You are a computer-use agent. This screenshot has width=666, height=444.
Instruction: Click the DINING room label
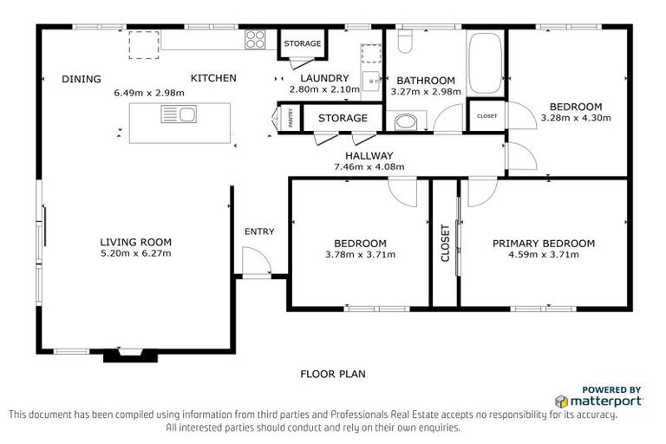(x=82, y=79)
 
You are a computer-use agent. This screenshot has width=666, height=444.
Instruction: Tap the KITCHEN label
(x=213, y=78)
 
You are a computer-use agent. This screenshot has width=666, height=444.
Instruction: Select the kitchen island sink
(x=178, y=114)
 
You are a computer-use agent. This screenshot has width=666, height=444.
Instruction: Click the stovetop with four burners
(x=256, y=39)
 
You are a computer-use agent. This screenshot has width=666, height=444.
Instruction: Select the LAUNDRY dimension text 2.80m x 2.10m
(x=323, y=89)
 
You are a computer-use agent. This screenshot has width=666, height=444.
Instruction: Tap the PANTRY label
(x=291, y=119)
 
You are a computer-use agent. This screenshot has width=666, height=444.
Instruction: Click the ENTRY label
(x=259, y=232)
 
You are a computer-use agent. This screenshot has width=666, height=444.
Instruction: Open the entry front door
(x=254, y=260)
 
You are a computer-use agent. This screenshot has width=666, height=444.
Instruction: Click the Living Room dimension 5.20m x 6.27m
(x=135, y=254)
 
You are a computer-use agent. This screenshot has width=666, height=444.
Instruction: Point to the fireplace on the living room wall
(x=125, y=353)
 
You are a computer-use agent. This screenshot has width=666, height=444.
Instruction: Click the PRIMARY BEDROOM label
(x=544, y=244)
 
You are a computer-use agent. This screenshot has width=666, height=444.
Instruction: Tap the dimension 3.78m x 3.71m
(x=360, y=255)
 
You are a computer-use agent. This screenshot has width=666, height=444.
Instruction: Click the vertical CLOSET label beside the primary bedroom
(x=446, y=244)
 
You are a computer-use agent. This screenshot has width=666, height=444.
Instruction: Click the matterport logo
(x=598, y=401)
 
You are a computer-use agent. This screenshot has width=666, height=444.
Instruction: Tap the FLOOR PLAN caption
(x=333, y=375)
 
